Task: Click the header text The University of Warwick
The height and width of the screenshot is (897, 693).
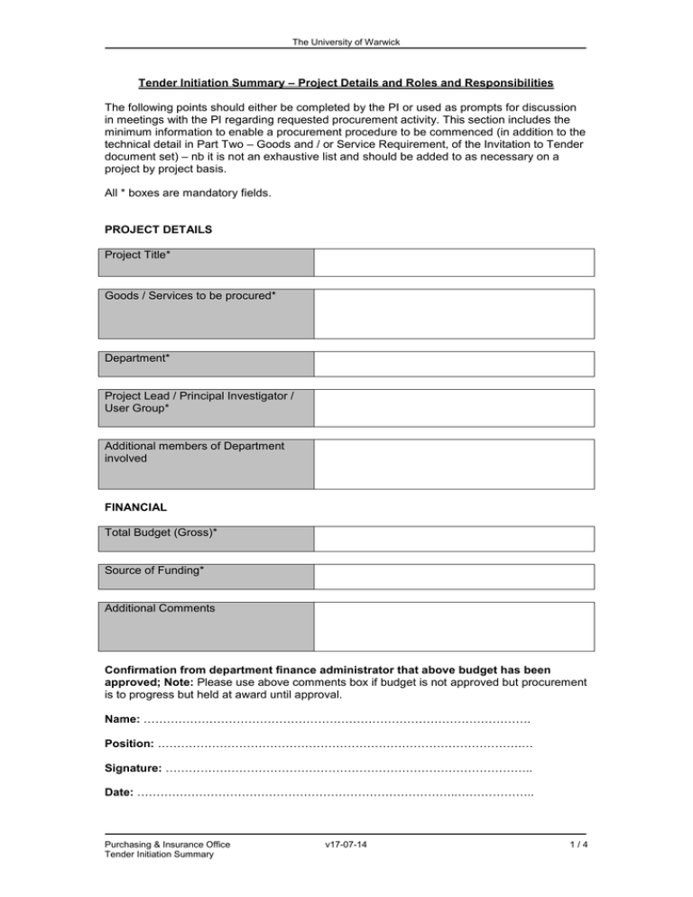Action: [x=346, y=42]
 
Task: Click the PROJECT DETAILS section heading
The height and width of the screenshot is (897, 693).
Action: [x=159, y=229]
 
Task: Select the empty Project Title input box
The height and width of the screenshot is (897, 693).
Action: [x=454, y=263]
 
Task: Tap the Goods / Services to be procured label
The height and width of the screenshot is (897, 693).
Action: [x=190, y=296]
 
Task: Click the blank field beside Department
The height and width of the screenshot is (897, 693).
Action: [x=454, y=364]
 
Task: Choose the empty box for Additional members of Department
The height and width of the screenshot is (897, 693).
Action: [x=454, y=464]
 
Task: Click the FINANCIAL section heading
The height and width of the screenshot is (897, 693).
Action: [x=141, y=508]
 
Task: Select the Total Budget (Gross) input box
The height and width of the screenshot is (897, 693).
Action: [x=454, y=539]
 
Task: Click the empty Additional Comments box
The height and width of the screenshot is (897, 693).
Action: [x=454, y=626]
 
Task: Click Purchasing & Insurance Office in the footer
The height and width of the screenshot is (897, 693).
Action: [x=168, y=845]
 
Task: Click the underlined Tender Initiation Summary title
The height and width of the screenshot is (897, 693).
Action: [x=346, y=84]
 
